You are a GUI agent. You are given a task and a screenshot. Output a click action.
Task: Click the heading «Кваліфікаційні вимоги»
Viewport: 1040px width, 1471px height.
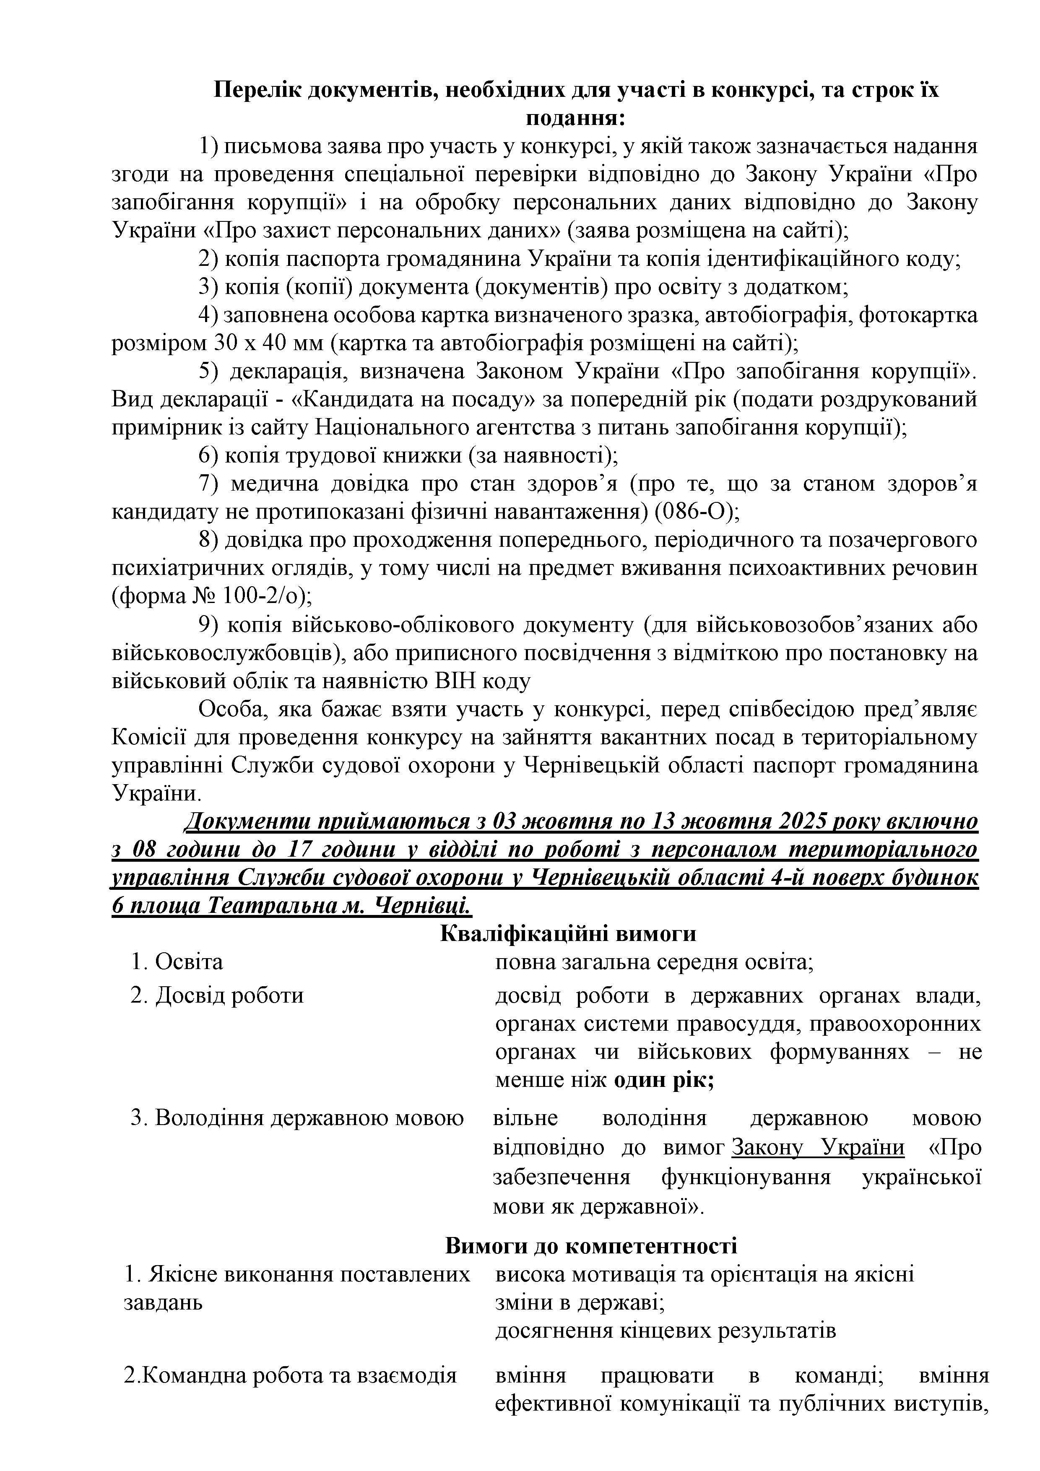click(568, 934)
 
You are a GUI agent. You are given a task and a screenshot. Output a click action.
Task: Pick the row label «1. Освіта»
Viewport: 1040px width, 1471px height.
click(177, 962)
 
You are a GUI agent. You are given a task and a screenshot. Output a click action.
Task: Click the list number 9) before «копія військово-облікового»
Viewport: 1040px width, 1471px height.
click(209, 625)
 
